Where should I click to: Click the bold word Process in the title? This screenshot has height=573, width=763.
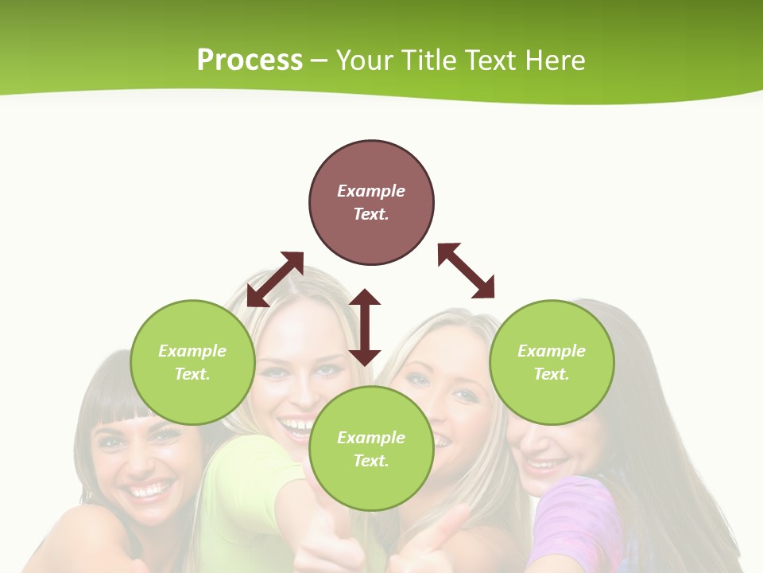point(250,60)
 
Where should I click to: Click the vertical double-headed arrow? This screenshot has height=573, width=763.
point(365,327)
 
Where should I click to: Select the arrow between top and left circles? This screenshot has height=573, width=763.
point(275,279)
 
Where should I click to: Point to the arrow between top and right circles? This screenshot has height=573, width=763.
point(466,271)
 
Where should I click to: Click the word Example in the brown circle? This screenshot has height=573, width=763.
point(371,191)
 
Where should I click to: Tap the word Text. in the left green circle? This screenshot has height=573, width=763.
point(192,374)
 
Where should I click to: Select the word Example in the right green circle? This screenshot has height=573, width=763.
point(552,351)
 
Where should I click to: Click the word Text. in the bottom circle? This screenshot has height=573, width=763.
point(371,461)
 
